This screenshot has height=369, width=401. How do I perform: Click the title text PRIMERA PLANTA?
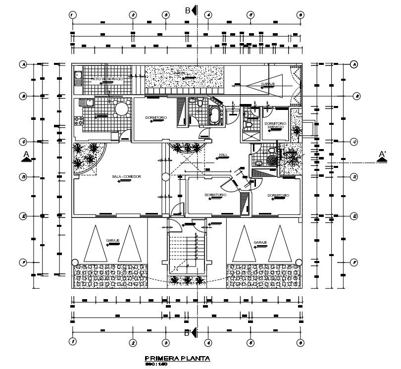(x=177, y=358)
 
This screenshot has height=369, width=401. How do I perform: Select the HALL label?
(x=223, y=156)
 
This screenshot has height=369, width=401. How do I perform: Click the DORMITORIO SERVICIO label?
(x=275, y=125)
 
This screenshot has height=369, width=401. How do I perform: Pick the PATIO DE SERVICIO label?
(x=103, y=79)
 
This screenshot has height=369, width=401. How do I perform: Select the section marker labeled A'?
(x=382, y=157)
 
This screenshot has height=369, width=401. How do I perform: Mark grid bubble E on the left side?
(x=23, y=216)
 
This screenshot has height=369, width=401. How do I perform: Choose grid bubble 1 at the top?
(x=73, y=15)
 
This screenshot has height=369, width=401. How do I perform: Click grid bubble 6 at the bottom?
(x=300, y=342)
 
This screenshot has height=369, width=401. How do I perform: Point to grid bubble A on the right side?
(x=354, y=64)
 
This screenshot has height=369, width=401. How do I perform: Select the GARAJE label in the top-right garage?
(x=268, y=84)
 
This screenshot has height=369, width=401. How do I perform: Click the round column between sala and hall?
(x=164, y=176)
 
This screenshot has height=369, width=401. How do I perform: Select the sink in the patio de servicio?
(x=78, y=77)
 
